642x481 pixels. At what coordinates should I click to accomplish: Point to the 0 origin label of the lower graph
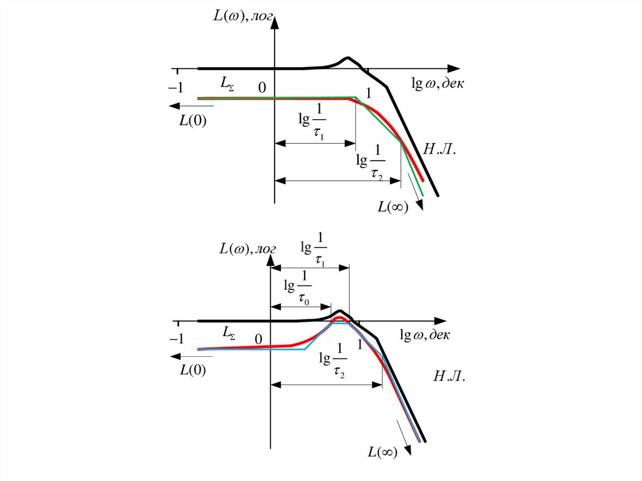pyautogui.click(x=258, y=339)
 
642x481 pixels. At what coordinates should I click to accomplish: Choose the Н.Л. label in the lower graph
pyautogui.click(x=449, y=376)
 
